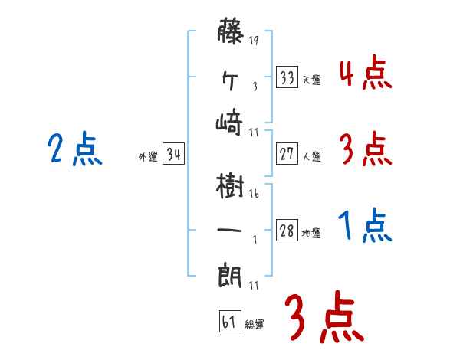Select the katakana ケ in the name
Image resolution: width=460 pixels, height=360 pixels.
click(232, 77)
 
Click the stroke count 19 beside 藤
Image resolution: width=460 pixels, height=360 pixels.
click(254, 41)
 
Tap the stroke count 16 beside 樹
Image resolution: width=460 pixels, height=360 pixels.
click(254, 194)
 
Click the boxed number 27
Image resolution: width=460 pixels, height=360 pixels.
click(287, 154)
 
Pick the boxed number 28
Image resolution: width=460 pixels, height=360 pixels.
click(287, 231)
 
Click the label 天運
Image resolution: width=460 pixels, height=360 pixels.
click(311, 80)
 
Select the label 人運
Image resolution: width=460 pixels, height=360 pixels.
click(311, 157)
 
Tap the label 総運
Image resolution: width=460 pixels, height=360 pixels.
click(255, 323)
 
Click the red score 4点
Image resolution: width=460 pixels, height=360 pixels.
click(364, 74)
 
